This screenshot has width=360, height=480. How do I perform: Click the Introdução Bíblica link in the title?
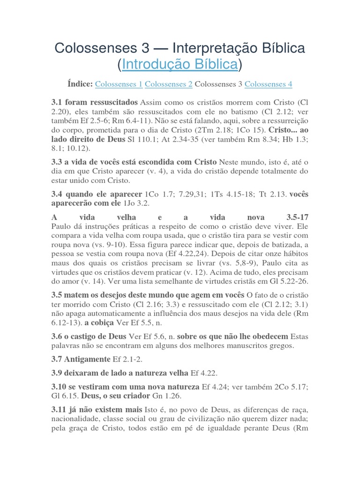pos(180,64)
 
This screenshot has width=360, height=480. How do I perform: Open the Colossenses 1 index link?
pos(119,84)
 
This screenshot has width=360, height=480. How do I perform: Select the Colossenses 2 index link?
pos(168,84)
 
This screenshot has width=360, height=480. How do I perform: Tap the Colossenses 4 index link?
pos(268,84)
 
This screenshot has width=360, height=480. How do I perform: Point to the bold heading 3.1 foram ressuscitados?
pos(94,102)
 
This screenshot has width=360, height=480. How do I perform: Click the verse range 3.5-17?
pos(297,218)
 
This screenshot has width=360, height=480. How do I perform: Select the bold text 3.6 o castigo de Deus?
pos(89,337)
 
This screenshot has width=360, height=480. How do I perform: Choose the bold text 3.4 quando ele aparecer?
pos(97,194)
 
